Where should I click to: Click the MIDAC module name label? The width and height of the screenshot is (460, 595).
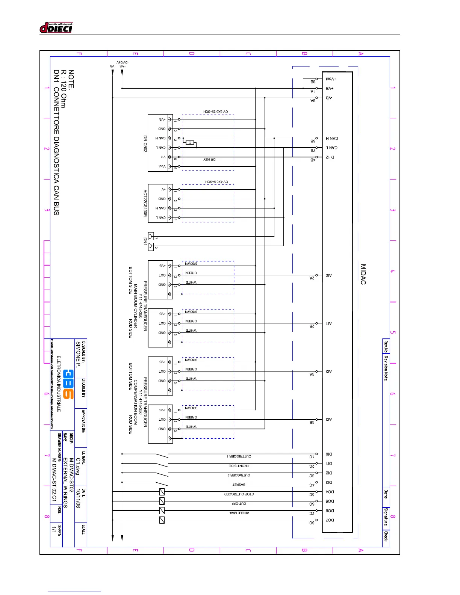pyautogui.click(x=363, y=274)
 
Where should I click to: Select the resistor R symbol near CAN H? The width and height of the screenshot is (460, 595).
pyautogui.click(x=190, y=143)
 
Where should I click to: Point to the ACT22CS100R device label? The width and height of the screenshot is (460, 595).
pyautogui.click(x=145, y=203)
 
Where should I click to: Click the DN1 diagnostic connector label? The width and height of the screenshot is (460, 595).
pyautogui.click(x=145, y=241)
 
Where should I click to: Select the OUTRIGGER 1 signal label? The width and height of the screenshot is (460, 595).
pyautogui.click(x=239, y=456)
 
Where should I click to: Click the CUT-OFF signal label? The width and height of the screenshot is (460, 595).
pyautogui.click(x=239, y=503)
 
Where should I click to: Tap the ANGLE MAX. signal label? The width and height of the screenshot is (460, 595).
pyautogui.click(x=239, y=513)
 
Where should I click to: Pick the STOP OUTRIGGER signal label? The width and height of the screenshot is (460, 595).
pyautogui.click(x=239, y=494)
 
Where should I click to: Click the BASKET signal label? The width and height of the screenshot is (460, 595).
pyautogui.click(x=239, y=485)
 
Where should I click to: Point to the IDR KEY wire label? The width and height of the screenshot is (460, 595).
pyautogui.click(x=210, y=160)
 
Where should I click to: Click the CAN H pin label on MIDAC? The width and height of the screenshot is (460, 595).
pyautogui.click(x=331, y=138)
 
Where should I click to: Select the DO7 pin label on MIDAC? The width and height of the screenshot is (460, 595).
pyautogui.click(x=330, y=520)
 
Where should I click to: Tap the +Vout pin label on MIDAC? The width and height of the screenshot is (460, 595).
pyautogui.click(x=331, y=79)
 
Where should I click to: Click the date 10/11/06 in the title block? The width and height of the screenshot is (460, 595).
pyautogui.click(x=78, y=498)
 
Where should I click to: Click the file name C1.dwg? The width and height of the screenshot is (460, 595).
pyautogui.click(x=78, y=466)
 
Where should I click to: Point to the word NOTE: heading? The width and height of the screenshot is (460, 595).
pyautogui.click(x=71, y=79)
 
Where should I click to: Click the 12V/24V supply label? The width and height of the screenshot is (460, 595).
pyautogui.click(x=123, y=62)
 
